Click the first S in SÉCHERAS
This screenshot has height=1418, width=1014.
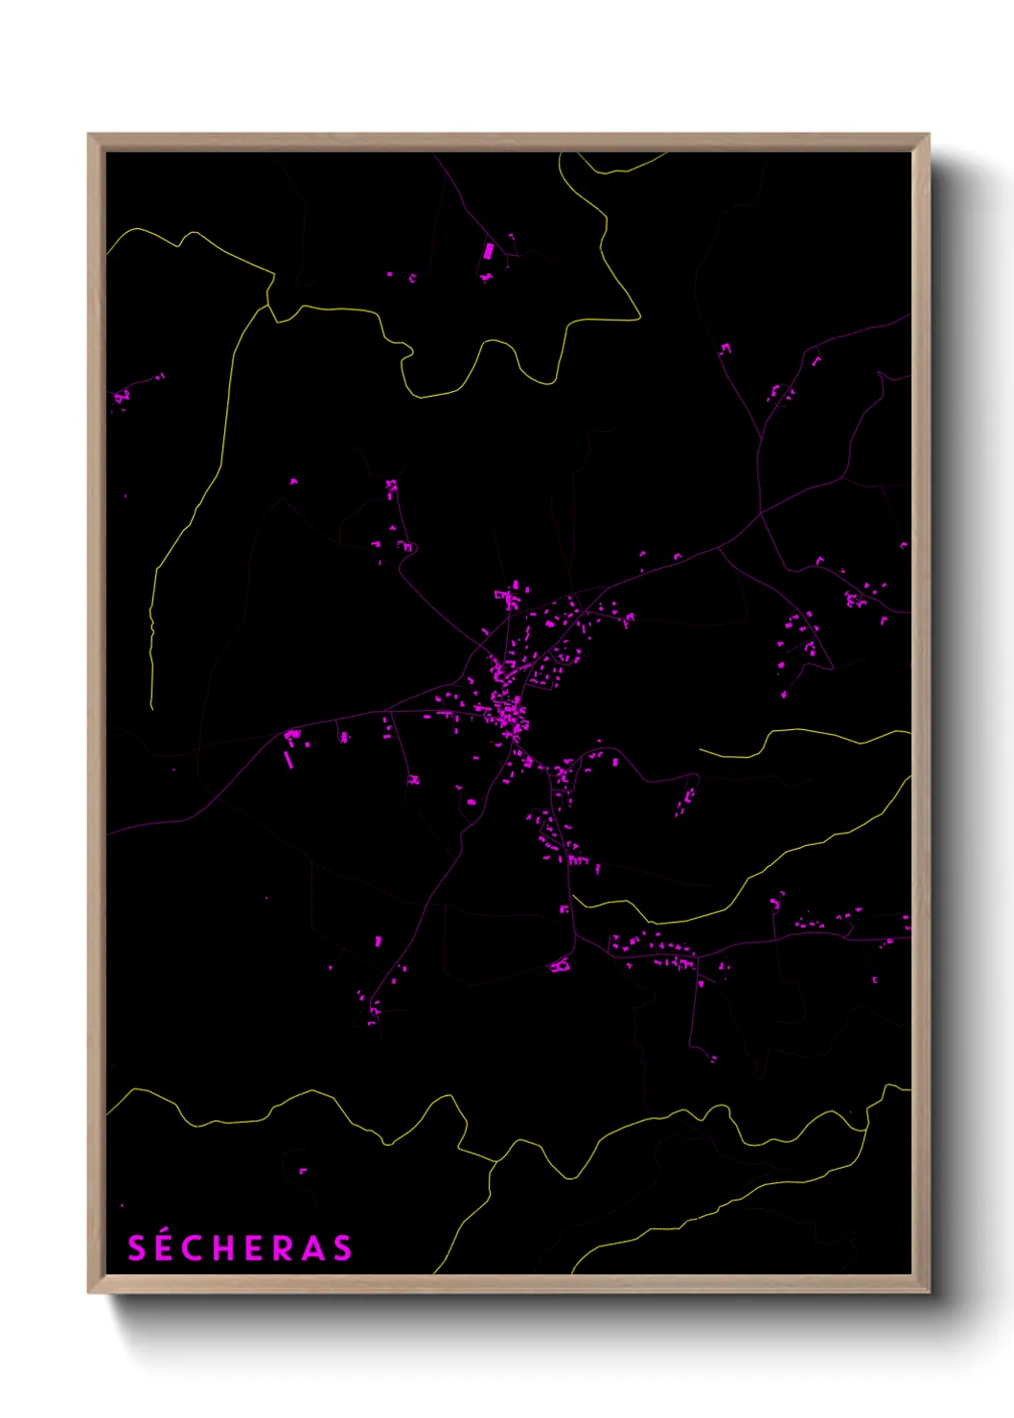coord(138,1248)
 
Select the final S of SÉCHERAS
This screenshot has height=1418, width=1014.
coord(342,1248)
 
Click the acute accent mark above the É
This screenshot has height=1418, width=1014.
coord(168,1232)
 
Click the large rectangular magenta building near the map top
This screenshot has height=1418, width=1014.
coord(488,252)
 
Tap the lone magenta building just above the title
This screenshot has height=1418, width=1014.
coord(303,1170)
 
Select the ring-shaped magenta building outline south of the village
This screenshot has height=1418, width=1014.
coord(560,966)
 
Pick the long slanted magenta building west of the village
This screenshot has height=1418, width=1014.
coord(288,758)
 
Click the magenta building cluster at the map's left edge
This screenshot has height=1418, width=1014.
coord(120,396)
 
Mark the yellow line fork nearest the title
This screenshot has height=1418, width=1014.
coord(496,1162)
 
